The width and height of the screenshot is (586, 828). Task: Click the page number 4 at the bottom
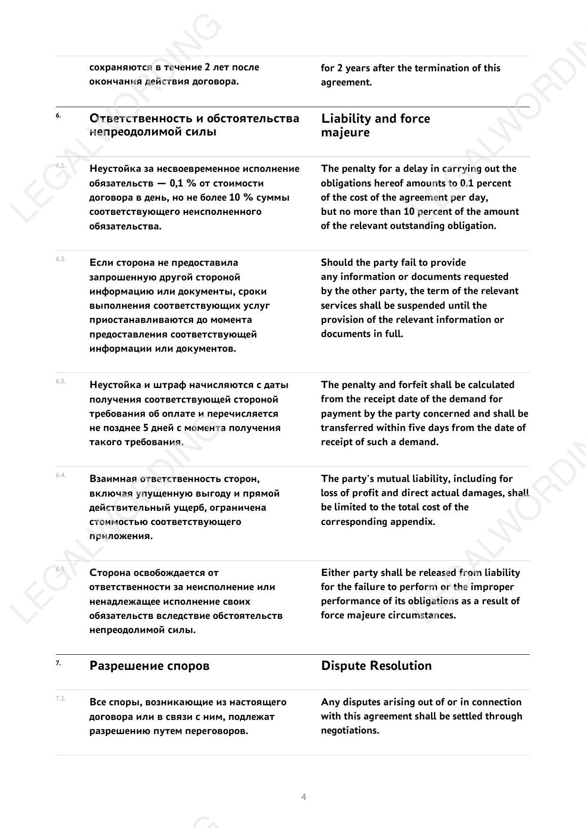click(304, 797)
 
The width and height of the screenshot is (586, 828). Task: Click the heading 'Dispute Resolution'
click(376, 666)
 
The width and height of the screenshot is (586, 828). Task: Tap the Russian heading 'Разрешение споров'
click(149, 666)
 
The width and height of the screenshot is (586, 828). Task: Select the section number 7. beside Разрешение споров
click(58, 663)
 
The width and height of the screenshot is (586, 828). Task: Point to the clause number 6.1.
click(60, 165)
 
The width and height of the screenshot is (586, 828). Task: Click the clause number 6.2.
click(60, 259)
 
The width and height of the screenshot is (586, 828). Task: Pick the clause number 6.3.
click(60, 381)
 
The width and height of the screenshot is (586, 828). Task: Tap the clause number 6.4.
click(60, 475)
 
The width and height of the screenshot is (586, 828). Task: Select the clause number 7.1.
click(60, 698)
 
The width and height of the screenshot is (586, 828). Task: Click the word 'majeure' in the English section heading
click(345, 133)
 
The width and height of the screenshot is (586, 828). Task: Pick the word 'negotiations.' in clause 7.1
click(350, 730)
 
